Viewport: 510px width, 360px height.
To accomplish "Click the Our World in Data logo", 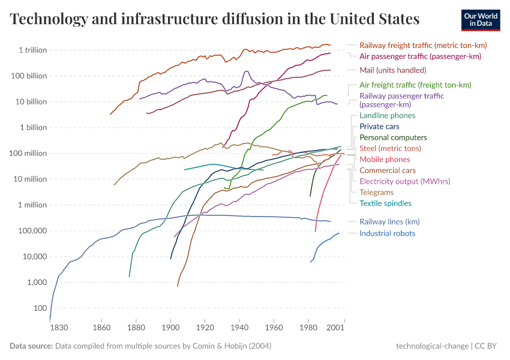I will [x=481, y=20].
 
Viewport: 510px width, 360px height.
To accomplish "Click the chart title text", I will [x=215, y=19].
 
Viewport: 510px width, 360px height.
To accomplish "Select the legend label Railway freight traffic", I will [x=422, y=45].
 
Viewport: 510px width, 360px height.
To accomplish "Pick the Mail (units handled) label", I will [x=392, y=70].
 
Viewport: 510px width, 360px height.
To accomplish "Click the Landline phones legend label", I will [x=387, y=115].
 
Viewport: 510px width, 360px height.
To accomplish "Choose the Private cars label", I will [x=379, y=127].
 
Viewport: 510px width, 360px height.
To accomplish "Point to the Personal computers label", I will [x=393, y=137].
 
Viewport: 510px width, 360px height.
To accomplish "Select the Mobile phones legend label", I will [x=385, y=160].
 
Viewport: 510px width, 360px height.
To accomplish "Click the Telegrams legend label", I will [x=376, y=193].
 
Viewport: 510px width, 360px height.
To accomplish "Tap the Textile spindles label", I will [x=385, y=203].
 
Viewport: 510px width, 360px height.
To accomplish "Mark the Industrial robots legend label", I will [x=387, y=233].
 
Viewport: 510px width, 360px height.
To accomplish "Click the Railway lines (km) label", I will [x=389, y=222].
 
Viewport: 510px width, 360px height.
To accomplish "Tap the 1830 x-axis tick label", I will [x=59, y=328].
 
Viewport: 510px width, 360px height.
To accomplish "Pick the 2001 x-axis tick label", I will [x=335, y=328].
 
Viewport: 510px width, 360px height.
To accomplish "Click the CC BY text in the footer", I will [x=488, y=346].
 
